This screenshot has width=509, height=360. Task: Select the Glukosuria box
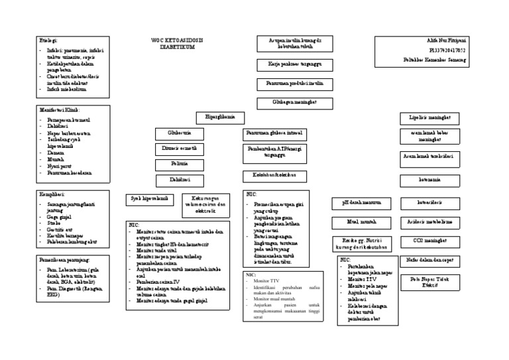tap(178, 133)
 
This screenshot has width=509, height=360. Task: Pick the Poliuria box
tap(178, 164)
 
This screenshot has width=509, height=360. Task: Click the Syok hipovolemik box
tap(147, 198)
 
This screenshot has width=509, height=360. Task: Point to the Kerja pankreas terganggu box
tap(289, 65)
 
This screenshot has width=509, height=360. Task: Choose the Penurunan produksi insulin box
tap(289, 84)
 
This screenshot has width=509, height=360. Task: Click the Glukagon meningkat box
tap(289, 103)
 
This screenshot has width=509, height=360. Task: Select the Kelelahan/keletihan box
tap(274, 176)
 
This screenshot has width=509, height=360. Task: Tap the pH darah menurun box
tap(361, 203)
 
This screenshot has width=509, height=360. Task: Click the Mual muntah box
tap(361, 221)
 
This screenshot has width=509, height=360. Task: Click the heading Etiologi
tap(49, 41)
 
